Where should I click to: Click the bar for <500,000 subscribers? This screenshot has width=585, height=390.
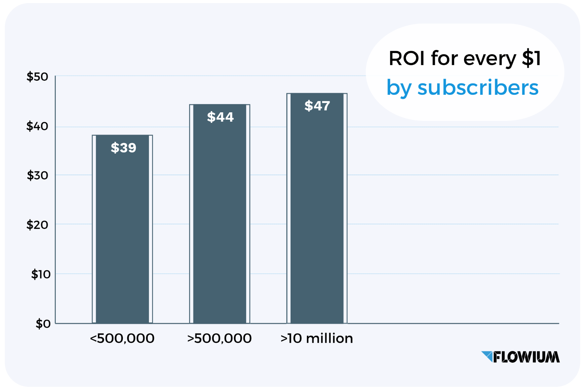122,234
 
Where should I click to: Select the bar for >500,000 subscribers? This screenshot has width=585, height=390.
220,218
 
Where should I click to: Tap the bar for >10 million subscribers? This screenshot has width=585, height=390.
317,214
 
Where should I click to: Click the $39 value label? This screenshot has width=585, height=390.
123,148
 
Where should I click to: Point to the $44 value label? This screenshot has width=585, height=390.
220,117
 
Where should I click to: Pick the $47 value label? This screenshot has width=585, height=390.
317,106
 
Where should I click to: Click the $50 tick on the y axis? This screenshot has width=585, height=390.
37,77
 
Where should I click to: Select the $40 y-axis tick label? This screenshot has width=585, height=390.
37,126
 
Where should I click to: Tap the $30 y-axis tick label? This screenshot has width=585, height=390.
37,175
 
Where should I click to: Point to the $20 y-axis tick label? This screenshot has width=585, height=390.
37,225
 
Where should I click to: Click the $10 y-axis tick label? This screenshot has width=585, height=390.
41,275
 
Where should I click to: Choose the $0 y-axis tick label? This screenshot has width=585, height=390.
43,324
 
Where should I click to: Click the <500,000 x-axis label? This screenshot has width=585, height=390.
122,339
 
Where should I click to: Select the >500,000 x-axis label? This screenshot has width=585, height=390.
220,339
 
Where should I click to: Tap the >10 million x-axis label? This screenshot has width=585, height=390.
317,339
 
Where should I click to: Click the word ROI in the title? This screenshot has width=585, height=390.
406,59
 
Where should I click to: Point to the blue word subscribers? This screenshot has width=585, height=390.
478,87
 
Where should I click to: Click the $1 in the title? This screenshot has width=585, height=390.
532,59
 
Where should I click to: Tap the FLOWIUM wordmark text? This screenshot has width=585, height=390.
526,357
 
